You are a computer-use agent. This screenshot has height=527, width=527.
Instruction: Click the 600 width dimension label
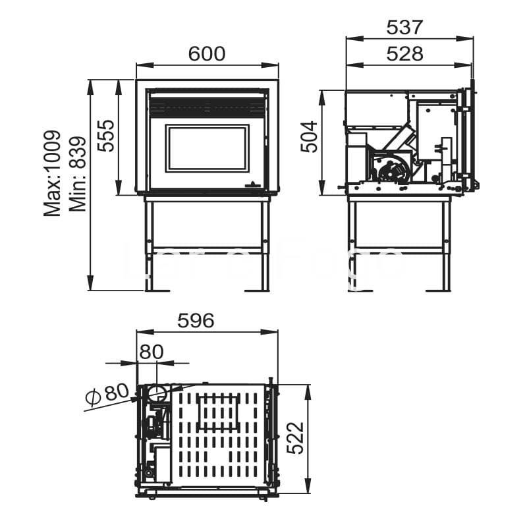(x=207, y=54)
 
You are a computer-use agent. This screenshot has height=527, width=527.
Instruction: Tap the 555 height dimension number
(x=106, y=136)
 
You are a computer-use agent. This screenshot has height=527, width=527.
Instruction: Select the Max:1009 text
(x=53, y=173)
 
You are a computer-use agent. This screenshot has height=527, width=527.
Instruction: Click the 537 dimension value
(x=404, y=28)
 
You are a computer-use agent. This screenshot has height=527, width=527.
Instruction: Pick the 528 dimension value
(x=405, y=54)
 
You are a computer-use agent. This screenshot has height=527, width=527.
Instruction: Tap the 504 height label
(x=310, y=136)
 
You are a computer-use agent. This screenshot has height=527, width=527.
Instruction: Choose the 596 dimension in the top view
(x=196, y=321)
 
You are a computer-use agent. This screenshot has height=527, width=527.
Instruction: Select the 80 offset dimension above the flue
(x=151, y=352)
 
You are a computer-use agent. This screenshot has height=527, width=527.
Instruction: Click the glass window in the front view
(x=207, y=148)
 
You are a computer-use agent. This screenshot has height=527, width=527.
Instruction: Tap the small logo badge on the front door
(x=252, y=185)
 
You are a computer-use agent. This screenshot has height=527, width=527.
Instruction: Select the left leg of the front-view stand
(x=150, y=244)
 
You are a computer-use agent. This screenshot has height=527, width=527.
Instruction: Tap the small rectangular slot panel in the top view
(x=217, y=412)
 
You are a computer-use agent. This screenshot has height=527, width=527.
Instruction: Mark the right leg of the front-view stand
(x=265, y=244)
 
